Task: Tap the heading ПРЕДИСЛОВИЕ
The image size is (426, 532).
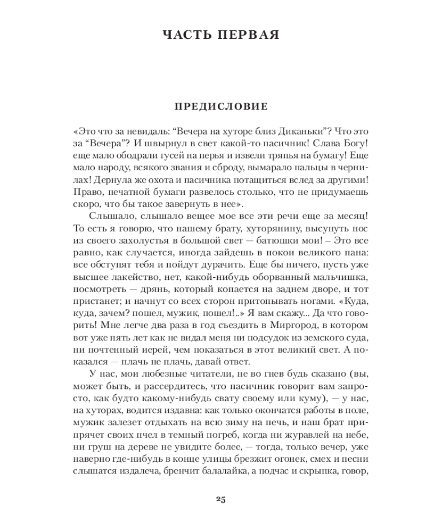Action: click(x=220, y=107)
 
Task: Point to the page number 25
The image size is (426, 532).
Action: click(x=221, y=499)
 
